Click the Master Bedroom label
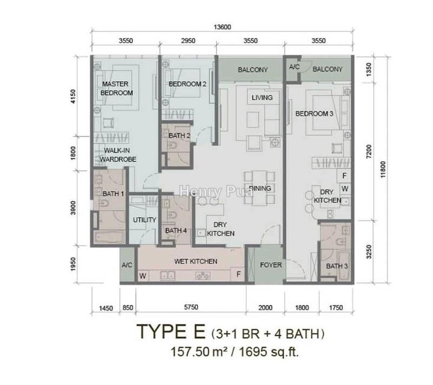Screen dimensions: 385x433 (x=117, y=89)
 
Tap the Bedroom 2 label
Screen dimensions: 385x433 (x=187, y=84)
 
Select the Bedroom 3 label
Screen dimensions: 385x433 (x=314, y=114)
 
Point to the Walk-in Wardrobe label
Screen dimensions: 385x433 (x=117, y=155)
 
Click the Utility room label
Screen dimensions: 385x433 (x=145, y=220)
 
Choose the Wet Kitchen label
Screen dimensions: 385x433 (x=195, y=262)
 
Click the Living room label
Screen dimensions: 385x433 (x=262, y=98)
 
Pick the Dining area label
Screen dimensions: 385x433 (x=260, y=189)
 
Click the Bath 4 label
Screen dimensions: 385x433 (x=176, y=230)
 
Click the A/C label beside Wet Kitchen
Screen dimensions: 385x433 (x=128, y=266)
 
